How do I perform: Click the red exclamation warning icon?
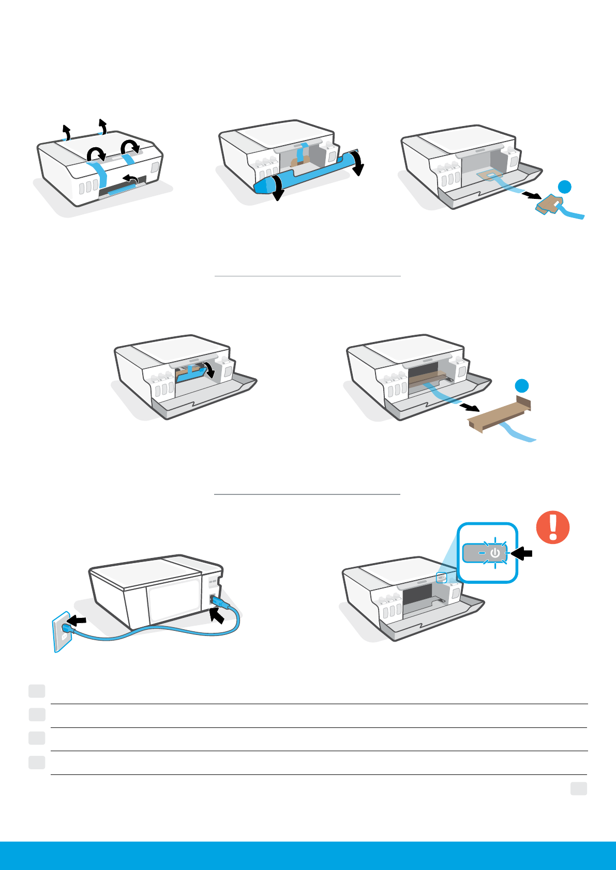(553, 527)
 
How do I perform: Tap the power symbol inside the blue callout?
(495, 553)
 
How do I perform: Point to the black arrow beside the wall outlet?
(78, 620)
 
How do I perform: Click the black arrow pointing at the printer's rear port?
(217, 615)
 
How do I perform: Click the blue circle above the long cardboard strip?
(522, 385)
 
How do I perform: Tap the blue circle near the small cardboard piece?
(565, 187)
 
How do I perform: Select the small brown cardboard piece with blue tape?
(548, 205)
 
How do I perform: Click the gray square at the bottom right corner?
(579, 788)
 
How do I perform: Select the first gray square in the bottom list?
(37, 691)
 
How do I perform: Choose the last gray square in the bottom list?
(37, 762)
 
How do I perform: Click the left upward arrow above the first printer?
(65, 131)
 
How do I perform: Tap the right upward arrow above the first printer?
(102, 126)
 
